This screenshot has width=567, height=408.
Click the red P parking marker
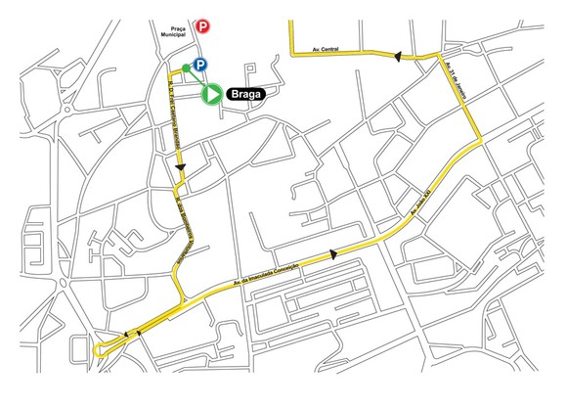(202, 28)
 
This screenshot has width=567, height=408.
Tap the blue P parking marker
(198, 66)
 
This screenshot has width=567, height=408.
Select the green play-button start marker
(211, 94)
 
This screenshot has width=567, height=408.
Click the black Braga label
(251, 94)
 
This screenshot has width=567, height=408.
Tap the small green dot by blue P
(187, 68)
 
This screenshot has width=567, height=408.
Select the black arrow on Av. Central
(397, 58)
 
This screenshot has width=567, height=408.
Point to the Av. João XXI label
(427, 202)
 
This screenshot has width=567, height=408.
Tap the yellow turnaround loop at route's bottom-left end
(102, 350)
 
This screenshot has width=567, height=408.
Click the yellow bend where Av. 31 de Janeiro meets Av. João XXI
(480, 143)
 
